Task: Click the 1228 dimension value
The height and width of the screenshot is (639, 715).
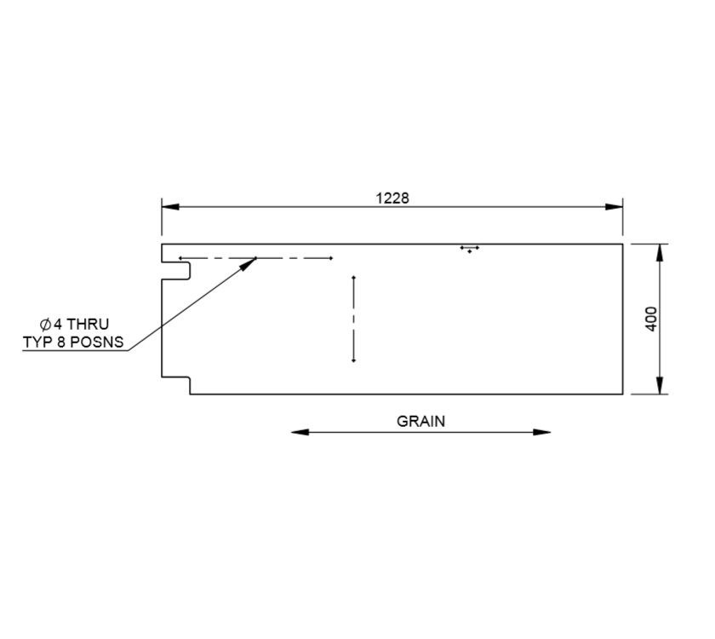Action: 392,198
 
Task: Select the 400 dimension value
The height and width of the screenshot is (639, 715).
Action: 652,319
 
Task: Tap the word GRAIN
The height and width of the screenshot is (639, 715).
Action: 420,421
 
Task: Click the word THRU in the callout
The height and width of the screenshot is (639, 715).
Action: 88,325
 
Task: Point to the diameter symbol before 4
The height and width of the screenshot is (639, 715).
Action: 46,325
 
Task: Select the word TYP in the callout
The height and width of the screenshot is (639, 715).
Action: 37,343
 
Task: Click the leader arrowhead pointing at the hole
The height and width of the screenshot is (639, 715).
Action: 250,263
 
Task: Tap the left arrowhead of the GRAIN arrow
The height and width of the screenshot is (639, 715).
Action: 299,432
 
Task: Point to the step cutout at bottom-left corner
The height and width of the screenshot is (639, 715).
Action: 176,386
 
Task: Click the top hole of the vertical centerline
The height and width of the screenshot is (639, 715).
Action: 353,277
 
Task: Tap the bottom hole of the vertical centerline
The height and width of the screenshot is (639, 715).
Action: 353,360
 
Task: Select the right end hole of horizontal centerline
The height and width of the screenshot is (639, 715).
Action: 331,257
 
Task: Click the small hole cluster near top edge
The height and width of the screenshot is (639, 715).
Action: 469,250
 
